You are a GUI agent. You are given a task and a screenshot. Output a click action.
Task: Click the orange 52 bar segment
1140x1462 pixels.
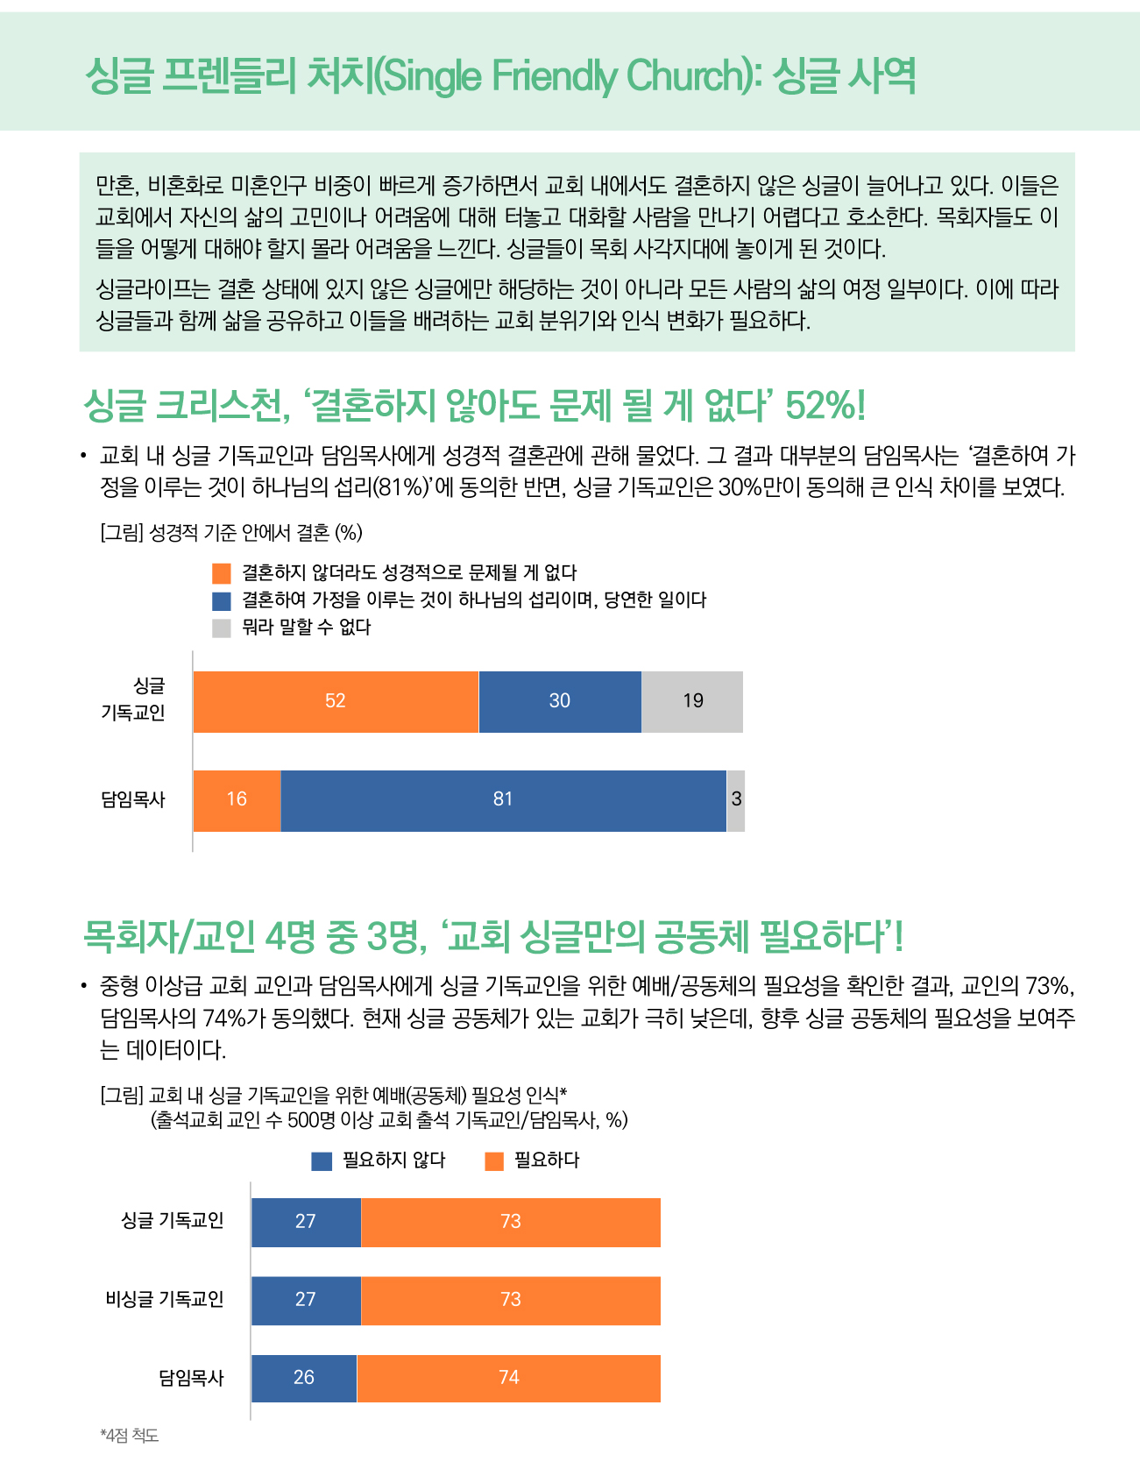(336, 701)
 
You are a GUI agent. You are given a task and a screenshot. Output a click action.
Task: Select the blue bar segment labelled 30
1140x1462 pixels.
(560, 701)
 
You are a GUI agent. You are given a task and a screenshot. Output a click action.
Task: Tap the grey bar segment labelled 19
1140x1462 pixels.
(692, 701)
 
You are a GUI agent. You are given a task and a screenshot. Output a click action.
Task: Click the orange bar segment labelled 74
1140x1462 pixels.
(509, 1378)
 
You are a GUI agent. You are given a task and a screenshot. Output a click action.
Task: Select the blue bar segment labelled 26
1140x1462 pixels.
(304, 1378)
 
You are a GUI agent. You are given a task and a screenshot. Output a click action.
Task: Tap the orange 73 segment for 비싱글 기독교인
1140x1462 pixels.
(511, 1300)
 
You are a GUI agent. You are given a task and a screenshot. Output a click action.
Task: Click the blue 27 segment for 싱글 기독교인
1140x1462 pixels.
(306, 1222)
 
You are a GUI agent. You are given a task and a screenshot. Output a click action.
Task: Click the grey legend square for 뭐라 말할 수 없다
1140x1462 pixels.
(222, 628)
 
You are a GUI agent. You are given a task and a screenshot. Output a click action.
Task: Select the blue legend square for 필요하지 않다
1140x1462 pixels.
(322, 1160)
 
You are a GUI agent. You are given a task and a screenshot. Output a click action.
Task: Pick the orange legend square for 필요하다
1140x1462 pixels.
(494, 1160)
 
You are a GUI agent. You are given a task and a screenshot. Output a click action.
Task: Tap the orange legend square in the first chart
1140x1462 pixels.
(222, 573)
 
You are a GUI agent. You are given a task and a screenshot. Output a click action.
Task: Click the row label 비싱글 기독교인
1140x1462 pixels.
(165, 1299)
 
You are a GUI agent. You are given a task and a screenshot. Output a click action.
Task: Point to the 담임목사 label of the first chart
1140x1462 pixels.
(133, 799)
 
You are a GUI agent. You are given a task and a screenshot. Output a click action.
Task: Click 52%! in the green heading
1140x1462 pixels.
(825, 405)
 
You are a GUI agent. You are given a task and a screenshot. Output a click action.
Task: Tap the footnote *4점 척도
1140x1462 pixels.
(130, 1435)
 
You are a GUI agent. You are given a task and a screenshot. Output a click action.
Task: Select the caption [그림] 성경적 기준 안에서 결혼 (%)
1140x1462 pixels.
(231, 532)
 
